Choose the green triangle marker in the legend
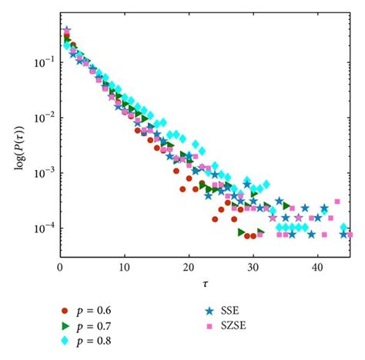coord(65,326)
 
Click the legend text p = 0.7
coord(98,326)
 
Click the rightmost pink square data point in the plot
coord(349,235)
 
